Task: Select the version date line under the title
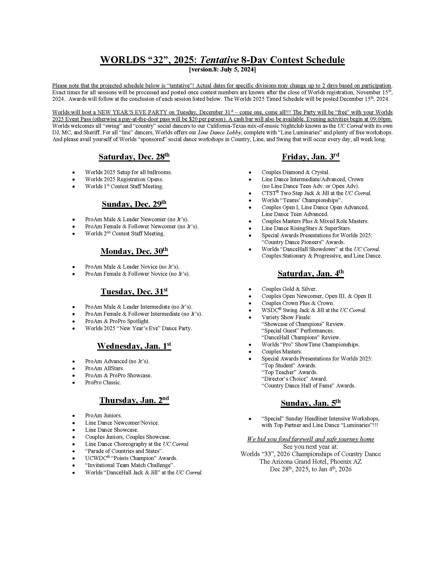222,70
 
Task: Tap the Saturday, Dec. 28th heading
134,157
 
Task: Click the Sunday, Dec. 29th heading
134,204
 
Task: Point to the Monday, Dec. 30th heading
134,251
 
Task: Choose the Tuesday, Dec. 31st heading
134,292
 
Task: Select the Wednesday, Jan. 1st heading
134,346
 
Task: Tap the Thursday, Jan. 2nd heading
134,400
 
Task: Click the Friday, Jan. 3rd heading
310,157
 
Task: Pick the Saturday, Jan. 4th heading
310,274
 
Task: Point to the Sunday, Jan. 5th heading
310,403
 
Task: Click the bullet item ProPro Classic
103,383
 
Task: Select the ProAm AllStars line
104,368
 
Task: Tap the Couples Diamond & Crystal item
295,173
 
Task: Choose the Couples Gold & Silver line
289,289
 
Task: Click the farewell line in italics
310,439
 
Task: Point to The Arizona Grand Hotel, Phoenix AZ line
310,462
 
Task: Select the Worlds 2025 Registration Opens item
124,179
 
